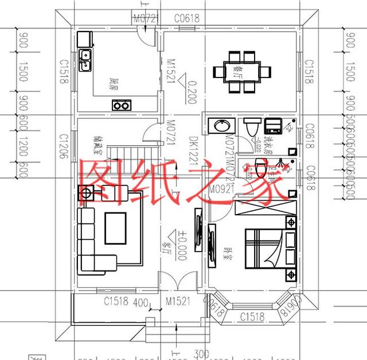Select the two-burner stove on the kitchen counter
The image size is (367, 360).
[121, 105]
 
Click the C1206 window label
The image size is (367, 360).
[64, 144]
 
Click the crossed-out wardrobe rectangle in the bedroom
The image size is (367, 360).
[263, 207]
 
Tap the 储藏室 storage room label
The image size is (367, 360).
[96, 147]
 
